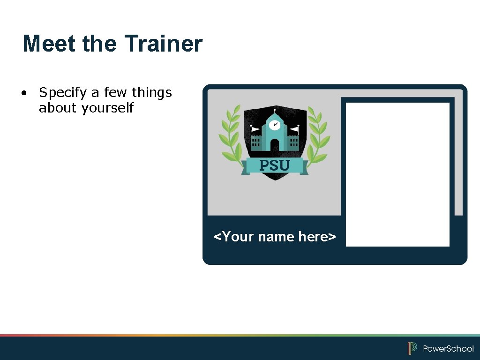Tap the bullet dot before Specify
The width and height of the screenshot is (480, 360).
pos(23,93)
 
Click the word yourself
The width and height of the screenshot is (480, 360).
pos(107,108)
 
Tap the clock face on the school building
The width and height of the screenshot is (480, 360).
pos(275,125)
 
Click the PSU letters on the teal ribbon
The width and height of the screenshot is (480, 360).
pos(275,165)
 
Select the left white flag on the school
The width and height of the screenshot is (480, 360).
pos(255,129)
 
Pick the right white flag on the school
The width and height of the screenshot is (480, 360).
pos(294,128)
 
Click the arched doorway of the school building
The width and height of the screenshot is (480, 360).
pos(275,145)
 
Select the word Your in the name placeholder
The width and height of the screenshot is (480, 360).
pos(238,237)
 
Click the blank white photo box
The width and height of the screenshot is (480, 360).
pos(397,174)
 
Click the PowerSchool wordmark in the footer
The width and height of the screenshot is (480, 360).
pos(448,349)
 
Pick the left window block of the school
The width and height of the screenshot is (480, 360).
pos(256,142)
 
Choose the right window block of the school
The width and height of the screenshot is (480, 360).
pos(294,142)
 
